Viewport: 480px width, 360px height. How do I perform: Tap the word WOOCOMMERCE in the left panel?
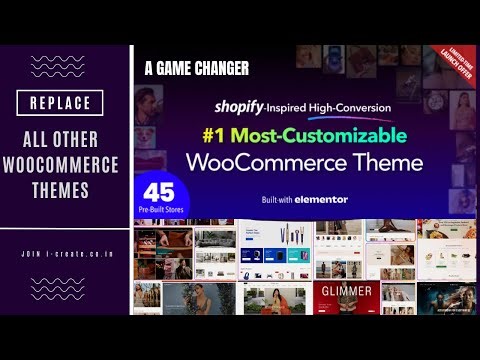67,163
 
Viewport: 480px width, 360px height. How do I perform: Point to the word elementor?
321,199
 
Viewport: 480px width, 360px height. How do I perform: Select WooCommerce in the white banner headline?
287,162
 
